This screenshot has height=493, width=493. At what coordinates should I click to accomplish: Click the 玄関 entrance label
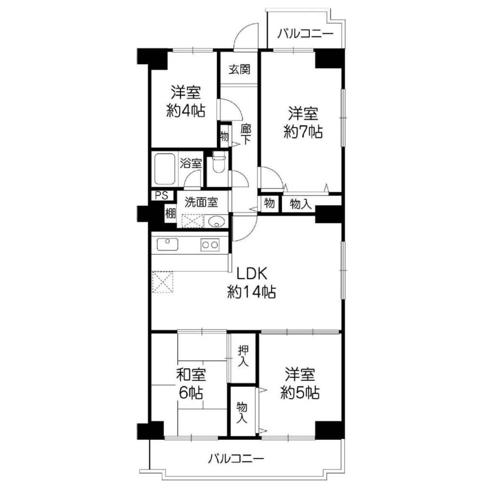click(239, 69)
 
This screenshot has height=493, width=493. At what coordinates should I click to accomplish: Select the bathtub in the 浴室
click(165, 169)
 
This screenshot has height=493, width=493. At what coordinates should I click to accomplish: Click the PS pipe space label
click(162, 195)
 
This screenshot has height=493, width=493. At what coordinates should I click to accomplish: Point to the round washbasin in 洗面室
click(216, 221)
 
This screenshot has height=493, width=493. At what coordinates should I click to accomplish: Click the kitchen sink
click(167, 244)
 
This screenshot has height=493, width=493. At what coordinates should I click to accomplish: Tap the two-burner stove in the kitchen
click(210, 245)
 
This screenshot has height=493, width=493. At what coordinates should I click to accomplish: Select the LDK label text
click(251, 273)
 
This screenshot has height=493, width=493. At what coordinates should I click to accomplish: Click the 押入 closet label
click(243, 356)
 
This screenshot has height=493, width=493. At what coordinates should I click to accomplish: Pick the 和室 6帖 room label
click(191, 383)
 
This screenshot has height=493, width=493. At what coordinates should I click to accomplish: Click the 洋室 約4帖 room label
click(186, 101)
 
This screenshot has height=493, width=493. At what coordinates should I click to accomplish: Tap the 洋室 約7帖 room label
click(303, 122)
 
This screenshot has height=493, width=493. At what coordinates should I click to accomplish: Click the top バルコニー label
click(305, 34)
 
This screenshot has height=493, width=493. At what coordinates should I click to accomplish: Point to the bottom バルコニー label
click(236, 459)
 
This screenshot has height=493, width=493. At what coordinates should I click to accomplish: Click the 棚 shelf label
click(170, 214)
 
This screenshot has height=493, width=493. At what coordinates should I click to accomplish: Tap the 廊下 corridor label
click(246, 134)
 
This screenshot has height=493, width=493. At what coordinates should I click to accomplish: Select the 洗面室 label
click(201, 202)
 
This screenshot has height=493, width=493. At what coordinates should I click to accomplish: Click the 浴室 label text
click(191, 163)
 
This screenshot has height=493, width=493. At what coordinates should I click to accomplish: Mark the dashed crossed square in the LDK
click(163, 282)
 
